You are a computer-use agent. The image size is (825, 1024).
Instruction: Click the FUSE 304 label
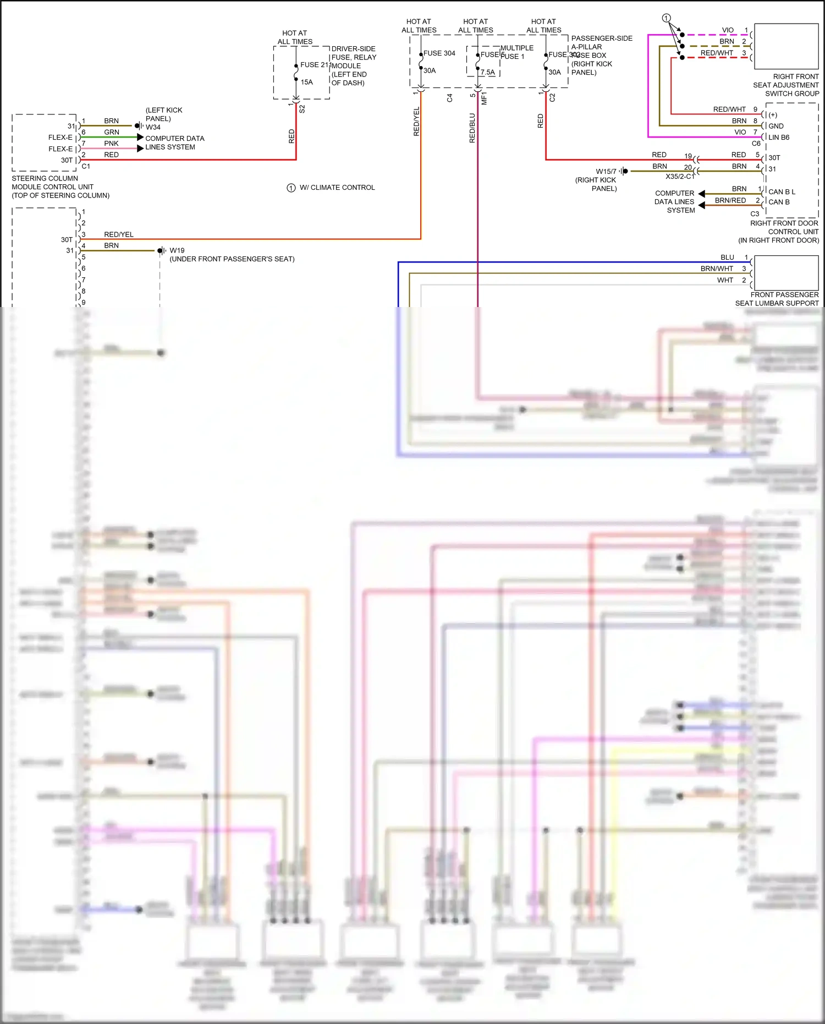pyautogui.click(x=439, y=53)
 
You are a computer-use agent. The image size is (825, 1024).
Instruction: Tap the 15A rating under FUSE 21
pyautogui.click(x=306, y=82)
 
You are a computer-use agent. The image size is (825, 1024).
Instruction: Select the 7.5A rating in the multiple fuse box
pyautogui.click(x=487, y=72)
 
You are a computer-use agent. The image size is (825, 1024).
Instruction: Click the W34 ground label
pyautogui.click(x=153, y=127)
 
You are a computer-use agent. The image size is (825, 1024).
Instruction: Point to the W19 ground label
pyautogui.click(x=177, y=250)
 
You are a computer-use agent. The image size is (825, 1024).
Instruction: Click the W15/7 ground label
pyautogui.click(x=606, y=172)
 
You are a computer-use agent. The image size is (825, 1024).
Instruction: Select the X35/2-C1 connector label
pyautogui.click(x=680, y=177)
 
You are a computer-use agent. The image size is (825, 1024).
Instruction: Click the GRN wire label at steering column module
pyautogui.click(x=112, y=132)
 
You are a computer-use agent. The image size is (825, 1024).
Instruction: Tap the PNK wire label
pyautogui.click(x=112, y=144)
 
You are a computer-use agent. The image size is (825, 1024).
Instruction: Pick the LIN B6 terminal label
pyautogui.click(x=779, y=138)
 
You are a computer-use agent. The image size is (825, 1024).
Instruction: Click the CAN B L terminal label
pyautogui.click(x=782, y=192)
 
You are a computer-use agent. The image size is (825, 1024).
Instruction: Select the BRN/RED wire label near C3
pyautogui.click(x=730, y=201)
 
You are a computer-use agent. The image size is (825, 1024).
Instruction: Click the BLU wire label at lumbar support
pyautogui.click(x=727, y=258)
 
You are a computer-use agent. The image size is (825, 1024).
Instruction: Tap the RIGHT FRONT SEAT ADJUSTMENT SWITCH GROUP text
pyautogui.click(x=786, y=85)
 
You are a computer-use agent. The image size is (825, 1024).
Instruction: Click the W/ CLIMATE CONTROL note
pyautogui.click(x=337, y=188)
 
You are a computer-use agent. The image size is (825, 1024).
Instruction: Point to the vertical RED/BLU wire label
pyautogui.click(x=472, y=128)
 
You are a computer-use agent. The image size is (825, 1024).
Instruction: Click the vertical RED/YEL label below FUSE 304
pyautogui.click(x=416, y=121)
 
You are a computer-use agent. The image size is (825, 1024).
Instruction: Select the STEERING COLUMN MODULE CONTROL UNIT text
pyautogui.click(x=60, y=187)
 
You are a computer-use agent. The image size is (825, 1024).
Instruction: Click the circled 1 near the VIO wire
pyautogui.click(x=666, y=18)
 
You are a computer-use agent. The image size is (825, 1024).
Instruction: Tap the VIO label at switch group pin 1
pyautogui.click(x=728, y=30)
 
